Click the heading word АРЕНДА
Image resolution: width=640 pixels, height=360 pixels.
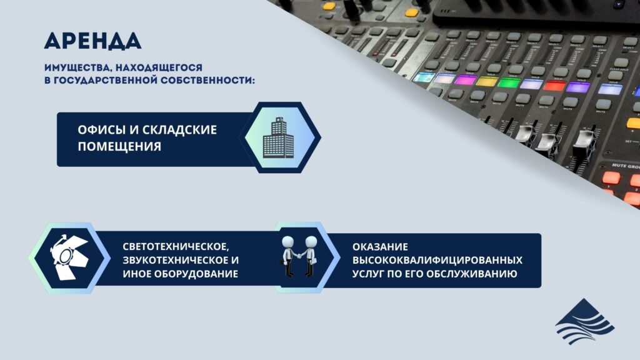[x=92, y=41]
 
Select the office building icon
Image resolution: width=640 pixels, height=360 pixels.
[x=279, y=137]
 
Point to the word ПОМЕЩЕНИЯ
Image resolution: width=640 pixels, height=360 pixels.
[x=119, y=146]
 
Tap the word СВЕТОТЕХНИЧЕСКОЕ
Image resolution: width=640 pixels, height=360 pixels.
[x=176, y=246]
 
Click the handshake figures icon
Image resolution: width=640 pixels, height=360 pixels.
[x=299, y=256]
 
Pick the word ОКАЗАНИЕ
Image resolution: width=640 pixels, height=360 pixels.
[x=380, y=247]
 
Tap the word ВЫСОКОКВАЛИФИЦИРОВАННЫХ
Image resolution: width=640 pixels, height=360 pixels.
[x=437, y=260]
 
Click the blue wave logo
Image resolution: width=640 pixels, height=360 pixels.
[x=584, y=321]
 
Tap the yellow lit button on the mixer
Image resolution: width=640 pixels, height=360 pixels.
[x=487, y=81]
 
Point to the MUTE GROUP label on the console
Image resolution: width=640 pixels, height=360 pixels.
[x=625, y=166]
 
